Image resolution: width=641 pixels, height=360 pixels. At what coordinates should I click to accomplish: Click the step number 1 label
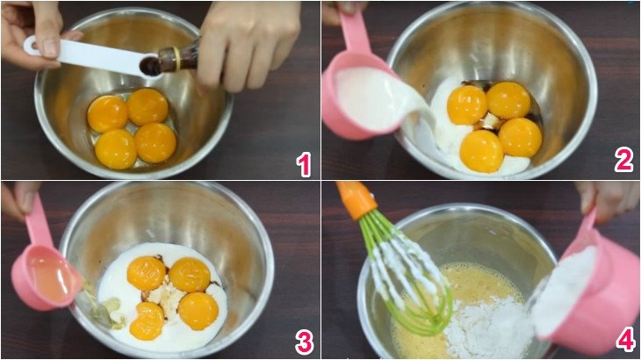[x=304, y=163]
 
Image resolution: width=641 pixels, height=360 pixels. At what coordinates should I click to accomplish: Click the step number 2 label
[x=623, y=159]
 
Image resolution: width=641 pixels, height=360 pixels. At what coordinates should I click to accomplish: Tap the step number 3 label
[x=304, y=342]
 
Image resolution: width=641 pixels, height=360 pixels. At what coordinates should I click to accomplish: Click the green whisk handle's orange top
[x=357, y=198]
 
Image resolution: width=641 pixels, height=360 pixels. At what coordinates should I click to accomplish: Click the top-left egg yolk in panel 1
[x=107, y=113]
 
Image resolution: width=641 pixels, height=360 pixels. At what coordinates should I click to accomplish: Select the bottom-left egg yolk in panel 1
[x=116, y=149]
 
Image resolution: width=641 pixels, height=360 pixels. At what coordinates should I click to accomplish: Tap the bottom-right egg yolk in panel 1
[x=155, y=142]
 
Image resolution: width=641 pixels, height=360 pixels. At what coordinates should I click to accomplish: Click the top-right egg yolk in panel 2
[x=508, y=100]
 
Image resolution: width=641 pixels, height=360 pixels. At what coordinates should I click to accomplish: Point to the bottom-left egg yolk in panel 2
[x=481, y=150]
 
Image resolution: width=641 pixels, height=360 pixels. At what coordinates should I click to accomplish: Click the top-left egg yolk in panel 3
[x=147, y=273]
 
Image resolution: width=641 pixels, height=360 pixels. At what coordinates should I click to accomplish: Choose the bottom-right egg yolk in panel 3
[x=198, y=310]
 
